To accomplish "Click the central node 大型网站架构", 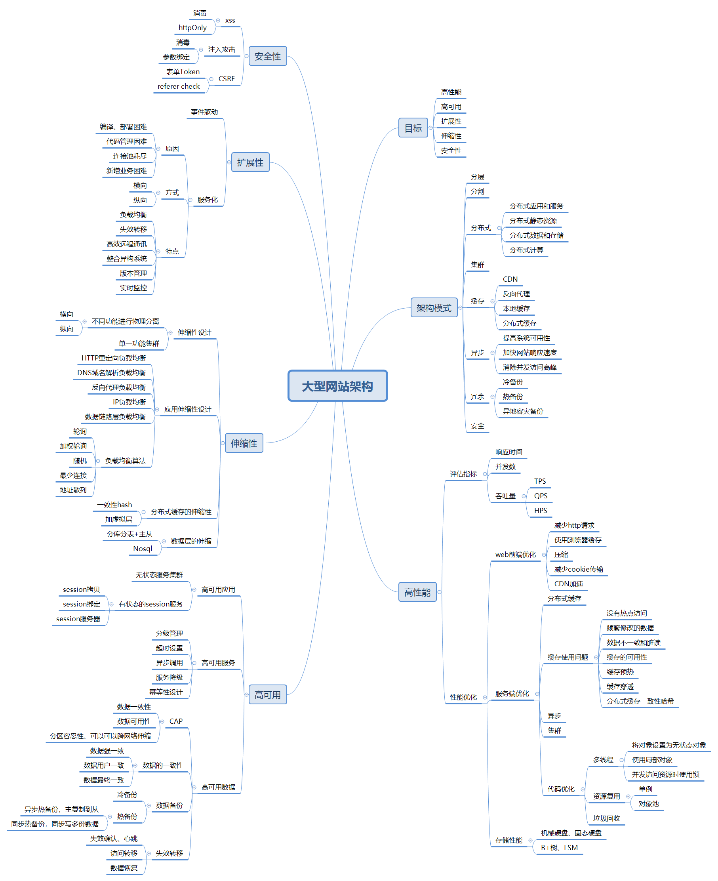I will tap(337, 386).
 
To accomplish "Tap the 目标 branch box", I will tap(413, 128).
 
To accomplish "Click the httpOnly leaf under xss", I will tap(192, 28).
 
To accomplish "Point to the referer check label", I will tap(178, 86).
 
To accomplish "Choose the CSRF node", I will tap(226, 79).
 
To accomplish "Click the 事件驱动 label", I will tap(204, 113).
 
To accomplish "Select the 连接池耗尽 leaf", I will tap(130, 156).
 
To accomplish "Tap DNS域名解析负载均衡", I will tap(111, 373).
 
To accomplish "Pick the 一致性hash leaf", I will tap(114, 505).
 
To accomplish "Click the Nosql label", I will tap(142, 549).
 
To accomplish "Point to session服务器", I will tap(78, 619).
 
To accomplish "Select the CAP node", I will tap(176, 721).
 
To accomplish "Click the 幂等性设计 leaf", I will tap(166, 692).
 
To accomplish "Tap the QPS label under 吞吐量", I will tap(540, 496).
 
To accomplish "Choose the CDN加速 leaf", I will tap(568, 584).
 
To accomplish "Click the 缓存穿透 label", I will tap(619, 686).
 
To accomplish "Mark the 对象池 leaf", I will tap(648, 804).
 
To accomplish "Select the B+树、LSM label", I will tap(559, 848).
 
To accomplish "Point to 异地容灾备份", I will tap(522, 412).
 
